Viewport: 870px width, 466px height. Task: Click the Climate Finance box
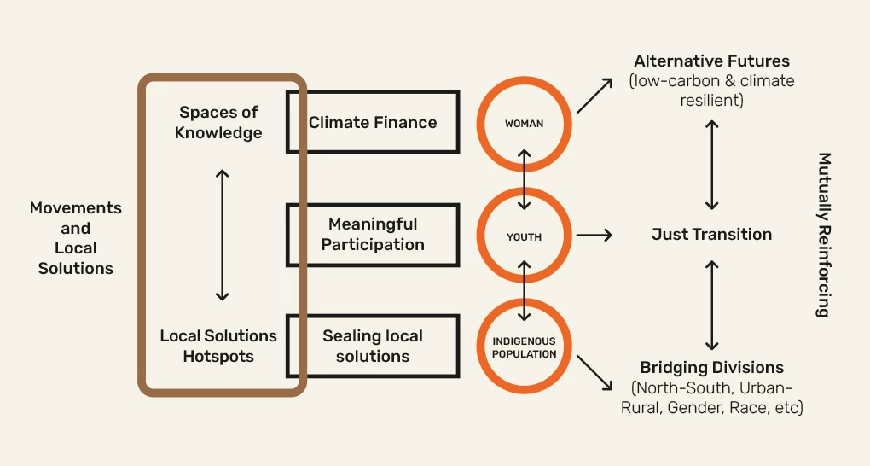[x=373, y=122]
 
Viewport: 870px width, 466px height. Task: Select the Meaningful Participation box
[x=373, y=234]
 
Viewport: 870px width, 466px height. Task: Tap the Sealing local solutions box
[x=373, y=346]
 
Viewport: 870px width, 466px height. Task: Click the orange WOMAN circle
[x=524, y=124]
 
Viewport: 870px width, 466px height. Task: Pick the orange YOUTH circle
[x=524, y=236]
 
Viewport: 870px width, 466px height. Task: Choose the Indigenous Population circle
[x=524, y=347]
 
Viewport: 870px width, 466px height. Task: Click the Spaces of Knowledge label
[x=218, y=122]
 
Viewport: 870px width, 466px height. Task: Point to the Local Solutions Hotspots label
[x=218, y=346]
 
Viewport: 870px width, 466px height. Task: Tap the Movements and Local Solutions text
[x=76, y=237]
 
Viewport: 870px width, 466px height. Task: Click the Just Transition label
[x=711, y=234]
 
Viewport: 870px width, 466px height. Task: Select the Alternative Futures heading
[x=711, y=61]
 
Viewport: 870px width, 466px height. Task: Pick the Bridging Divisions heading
[x=711, y=368]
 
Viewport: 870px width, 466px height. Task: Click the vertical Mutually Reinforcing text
[x=823, y=235]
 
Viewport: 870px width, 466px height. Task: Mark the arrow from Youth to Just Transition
[x=594, y=235]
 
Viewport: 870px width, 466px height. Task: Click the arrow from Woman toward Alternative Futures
[x=594, y=95]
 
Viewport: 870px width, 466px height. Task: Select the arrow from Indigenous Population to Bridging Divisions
[x=594, y=373]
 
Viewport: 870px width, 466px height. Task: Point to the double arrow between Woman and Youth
[x=525, y=179]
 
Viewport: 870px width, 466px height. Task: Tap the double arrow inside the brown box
[x=222, y=235]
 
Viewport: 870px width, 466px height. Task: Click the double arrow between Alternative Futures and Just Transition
[x=712, y=165]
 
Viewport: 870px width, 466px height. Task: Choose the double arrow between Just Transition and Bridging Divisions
[x=712, y=304]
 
